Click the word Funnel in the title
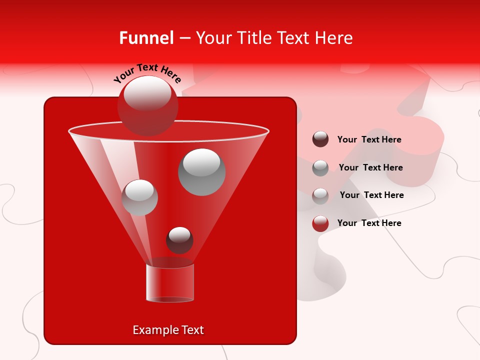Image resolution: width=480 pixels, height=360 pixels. (x=146, y=38)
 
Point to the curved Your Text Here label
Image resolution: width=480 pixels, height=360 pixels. (x=147, y=72)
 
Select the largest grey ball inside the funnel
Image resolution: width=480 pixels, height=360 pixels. (x=202, y=171)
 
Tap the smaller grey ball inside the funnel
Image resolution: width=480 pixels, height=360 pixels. (x=139, y=197)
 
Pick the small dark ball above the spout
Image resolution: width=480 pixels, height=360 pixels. (x=179, y=240)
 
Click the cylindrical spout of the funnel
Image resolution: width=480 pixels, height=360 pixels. (x=170, y=283)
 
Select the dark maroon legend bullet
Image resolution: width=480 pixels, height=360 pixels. (x=320, y=139)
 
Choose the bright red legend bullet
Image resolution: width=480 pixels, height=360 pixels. (x=320, y=223)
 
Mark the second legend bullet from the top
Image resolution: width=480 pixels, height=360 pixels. (x=320, y=167)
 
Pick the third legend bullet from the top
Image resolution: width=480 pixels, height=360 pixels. (x=320, y=195)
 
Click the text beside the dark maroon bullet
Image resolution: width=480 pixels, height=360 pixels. (x=369, y=139)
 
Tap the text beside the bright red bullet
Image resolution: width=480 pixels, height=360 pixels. (x=369, y=223)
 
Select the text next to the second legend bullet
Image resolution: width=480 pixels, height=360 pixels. (x=370, y=167)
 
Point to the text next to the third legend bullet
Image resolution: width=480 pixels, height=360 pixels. (x=371, y=195)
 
